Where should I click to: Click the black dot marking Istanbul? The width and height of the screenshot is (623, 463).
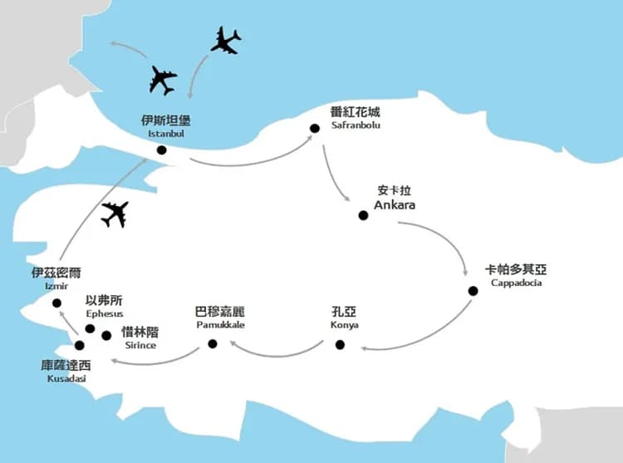tap(160, 150)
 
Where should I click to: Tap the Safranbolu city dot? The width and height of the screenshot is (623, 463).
tap(315, 128)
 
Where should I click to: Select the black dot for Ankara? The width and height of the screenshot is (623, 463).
tap(363, 215)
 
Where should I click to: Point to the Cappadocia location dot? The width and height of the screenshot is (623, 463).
tap(473, 290)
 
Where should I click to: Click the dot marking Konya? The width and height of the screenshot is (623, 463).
tap(340, 344)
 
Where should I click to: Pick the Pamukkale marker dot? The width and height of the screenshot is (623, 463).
tap(213, 344)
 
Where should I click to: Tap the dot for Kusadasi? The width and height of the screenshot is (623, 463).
tap(80, 345)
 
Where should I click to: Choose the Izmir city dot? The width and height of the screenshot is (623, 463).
tap(56, 303)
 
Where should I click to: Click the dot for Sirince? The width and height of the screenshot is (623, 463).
tap(106, 336)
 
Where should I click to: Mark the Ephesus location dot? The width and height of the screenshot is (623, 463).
tap(90, 328)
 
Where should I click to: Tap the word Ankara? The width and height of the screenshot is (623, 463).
tap(394, 204)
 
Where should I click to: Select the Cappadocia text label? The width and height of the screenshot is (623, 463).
tap(516, 283)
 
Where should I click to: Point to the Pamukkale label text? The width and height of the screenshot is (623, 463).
tap(219, 325)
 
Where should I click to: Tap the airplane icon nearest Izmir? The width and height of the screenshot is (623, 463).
tap(114, 214)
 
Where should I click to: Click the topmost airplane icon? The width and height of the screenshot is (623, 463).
tap(225, 40)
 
